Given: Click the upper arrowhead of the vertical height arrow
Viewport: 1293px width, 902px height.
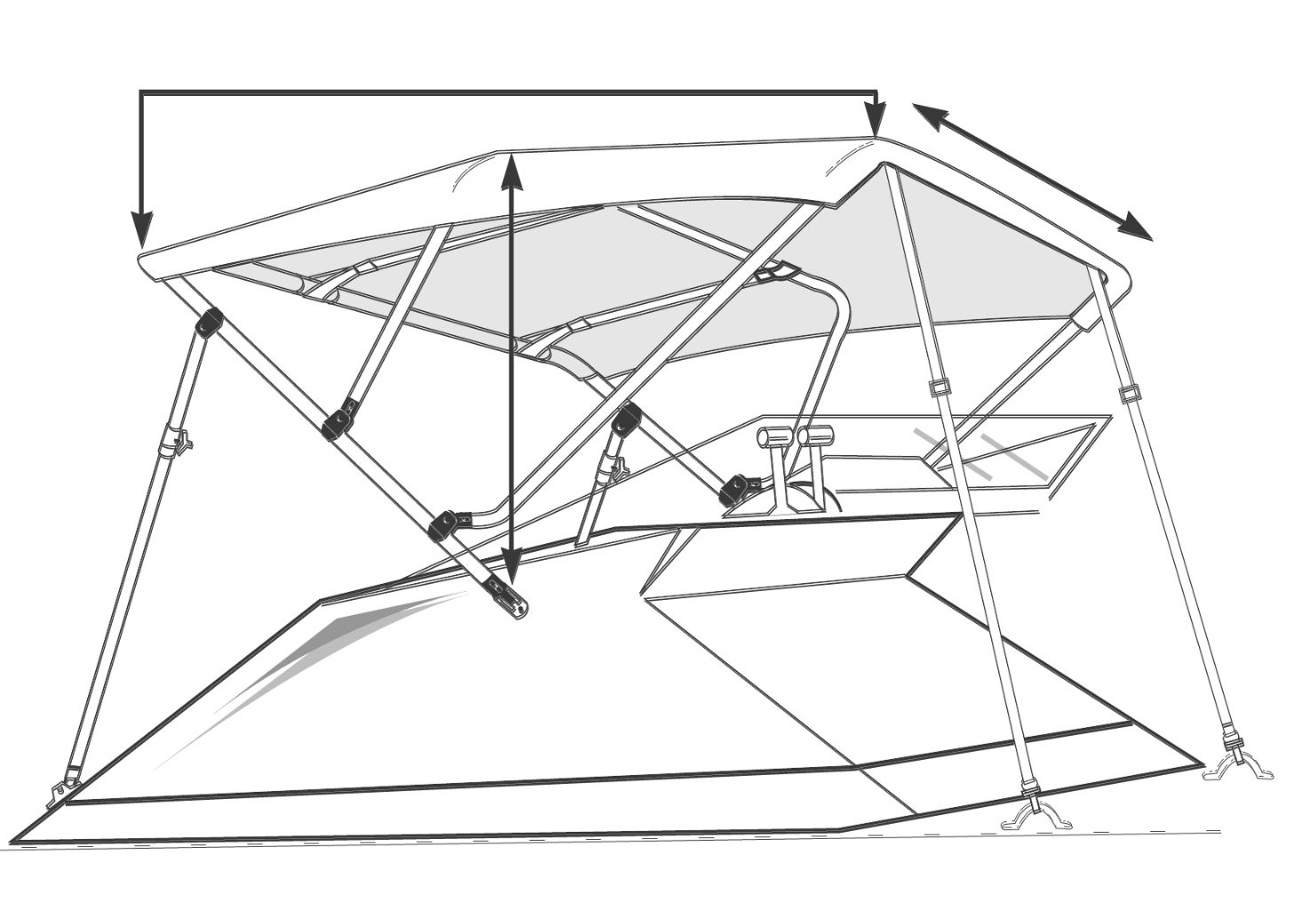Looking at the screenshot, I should [x=510, y=169].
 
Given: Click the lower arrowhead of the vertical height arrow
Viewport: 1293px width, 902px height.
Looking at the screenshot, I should [x=510, y=565].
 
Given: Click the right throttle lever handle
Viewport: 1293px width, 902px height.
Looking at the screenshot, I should [x=815, y=435].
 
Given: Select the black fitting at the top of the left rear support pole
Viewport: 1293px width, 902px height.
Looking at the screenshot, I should [x=208, y=323].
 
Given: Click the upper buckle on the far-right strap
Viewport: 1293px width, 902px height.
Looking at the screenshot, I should [x=1129, y=394].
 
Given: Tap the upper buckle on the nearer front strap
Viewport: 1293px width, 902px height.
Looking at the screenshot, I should [x=938, y=387].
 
